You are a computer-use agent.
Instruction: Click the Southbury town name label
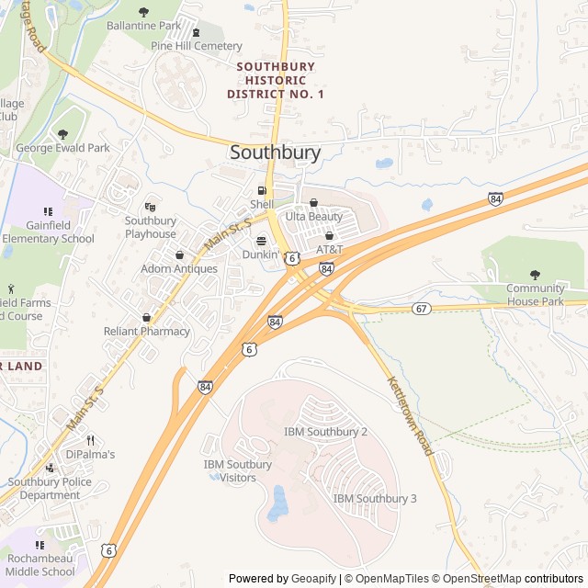276,153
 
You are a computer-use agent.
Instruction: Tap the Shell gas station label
262,204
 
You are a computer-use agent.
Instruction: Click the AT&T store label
329,249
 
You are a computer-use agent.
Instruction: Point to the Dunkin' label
260,254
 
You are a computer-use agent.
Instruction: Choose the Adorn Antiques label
179,268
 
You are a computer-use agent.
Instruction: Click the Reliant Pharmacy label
147,331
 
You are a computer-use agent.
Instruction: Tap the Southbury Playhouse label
151,227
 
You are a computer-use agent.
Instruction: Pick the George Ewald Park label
62,147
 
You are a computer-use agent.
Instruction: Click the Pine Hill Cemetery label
197,46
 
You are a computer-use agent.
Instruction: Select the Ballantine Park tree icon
143,12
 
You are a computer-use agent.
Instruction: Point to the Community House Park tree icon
536,275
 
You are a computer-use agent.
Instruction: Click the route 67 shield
421,308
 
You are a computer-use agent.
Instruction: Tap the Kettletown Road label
409,415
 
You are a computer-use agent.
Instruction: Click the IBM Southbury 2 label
325,431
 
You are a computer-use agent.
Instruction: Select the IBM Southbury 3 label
375,498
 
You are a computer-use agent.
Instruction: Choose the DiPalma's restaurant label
90,454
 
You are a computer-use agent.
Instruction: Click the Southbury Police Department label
44,488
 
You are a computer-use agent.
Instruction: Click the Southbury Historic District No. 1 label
276,80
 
